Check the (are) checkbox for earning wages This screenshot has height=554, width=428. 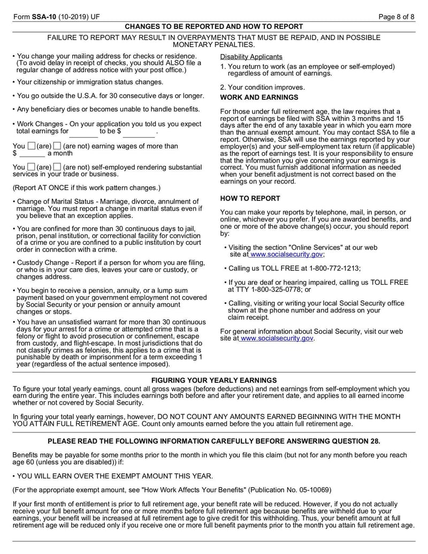coord(32,146)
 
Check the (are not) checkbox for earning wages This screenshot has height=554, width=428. coord(57,146)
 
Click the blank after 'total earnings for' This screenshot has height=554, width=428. coord(83,132)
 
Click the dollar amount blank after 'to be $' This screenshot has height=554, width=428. coord(139,132)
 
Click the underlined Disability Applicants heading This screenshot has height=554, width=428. coord(251,57)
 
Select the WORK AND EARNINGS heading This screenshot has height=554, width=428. coord(259,97)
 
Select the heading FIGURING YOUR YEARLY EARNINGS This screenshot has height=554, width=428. coord(214,380)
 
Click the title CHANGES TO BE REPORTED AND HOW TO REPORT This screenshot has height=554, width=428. coord(214,26)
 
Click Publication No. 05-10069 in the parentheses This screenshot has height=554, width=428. coord(296,490)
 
